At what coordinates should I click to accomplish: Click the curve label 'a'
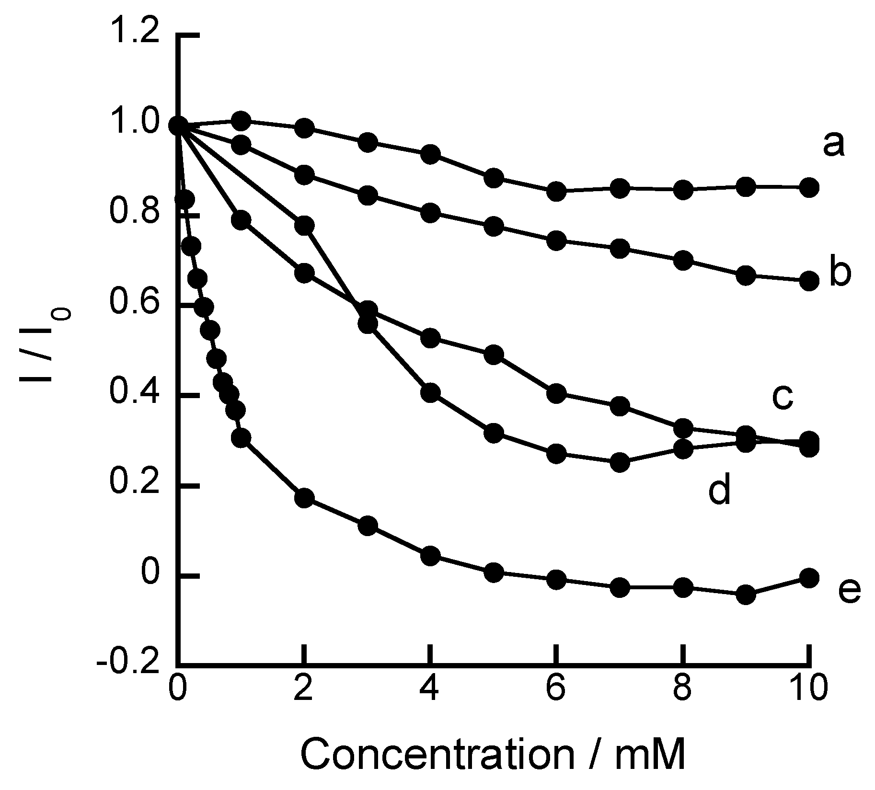click(x=833, y=145)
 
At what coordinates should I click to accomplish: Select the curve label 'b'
click(x=839, y=274)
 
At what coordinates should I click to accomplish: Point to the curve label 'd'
click(x=719, y=489)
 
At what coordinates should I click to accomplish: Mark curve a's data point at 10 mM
click(x=809, y=187)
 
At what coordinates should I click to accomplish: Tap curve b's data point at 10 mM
click(x=809, y=281)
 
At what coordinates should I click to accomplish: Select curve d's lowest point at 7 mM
click(x=620, y=462)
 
